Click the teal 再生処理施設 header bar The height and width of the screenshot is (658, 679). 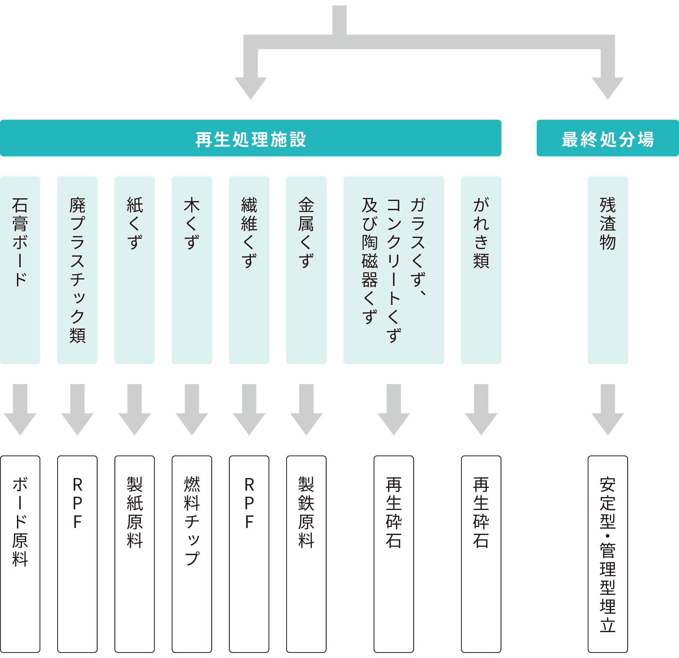(251, 138)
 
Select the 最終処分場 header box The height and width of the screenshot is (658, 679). (607, 138)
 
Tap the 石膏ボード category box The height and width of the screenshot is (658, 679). (20, 270)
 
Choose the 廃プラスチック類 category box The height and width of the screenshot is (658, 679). (77, 270)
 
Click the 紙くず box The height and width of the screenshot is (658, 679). (134, 270)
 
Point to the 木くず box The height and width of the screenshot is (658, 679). (191, 270)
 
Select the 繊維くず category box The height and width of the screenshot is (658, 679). (249, 270)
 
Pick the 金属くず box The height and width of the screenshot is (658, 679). (306, 270)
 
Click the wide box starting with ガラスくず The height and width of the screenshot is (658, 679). (393, 270)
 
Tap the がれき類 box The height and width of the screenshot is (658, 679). (481, 270)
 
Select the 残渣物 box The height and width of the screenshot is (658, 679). (608, 270)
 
